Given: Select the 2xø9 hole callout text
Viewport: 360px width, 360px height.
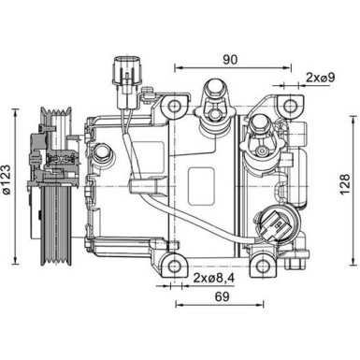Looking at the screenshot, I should point(323,75).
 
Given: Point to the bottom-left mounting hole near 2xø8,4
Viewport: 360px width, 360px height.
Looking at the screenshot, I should point(173,266).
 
